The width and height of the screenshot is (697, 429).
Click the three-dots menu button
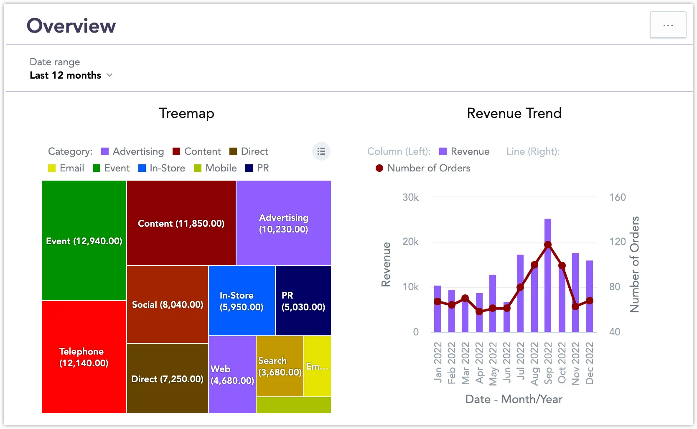pos(668,25)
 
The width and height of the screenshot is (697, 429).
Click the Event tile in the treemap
pos(84,241)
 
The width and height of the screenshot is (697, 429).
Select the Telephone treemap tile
pos(84,357)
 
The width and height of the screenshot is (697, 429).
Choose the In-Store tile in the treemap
pos(242,301)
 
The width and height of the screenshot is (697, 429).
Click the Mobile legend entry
pos(216,168)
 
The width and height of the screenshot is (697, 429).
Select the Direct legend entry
pos(249,151)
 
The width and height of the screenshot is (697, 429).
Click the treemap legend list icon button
pos(321,151)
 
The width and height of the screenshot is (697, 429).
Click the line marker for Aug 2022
pos(534,265)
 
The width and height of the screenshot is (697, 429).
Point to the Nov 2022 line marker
pos(575,306)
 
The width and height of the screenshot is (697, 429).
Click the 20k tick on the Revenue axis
pos(410,242)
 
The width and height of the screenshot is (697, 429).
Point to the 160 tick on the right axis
pos(617,197)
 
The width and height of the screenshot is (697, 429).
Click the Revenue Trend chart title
pos(514,113)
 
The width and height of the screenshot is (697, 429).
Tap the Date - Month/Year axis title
pos(514,399)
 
